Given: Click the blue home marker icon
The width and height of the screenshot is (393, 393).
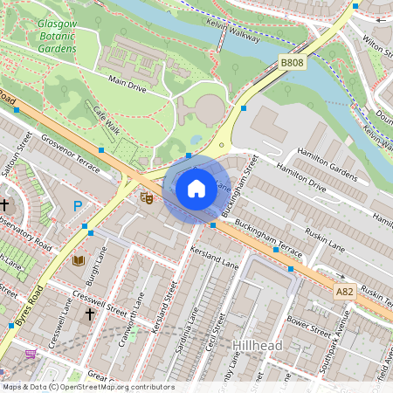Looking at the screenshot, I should [x=196, y=188].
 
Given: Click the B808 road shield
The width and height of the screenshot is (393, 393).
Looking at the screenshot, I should [x=291, y=64].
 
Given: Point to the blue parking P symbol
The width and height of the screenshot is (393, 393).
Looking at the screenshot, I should [x=78, y=206].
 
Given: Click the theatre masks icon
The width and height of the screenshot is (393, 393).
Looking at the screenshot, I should [x=147, y=198].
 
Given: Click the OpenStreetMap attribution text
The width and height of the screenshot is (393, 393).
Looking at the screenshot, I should [x=87, y=386].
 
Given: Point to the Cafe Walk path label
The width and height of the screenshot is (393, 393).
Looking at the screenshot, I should [x=105, y=114].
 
